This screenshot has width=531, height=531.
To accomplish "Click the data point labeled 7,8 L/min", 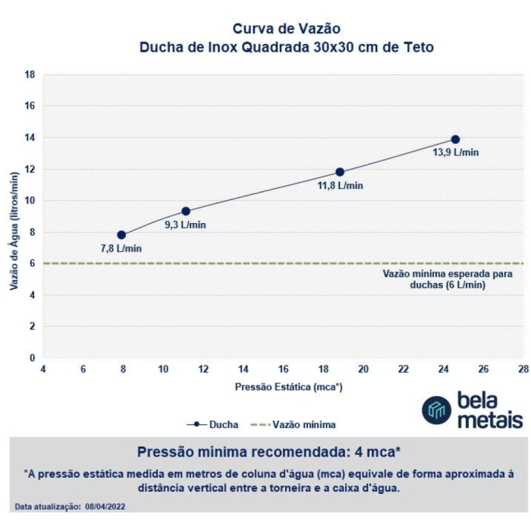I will tap(121, 235).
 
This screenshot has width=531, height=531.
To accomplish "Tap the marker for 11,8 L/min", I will tap(340, 172).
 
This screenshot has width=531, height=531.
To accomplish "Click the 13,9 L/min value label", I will tap(456, 152).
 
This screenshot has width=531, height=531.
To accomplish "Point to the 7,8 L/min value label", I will tap(121, 248).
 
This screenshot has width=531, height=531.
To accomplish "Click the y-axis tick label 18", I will tap(30, 75).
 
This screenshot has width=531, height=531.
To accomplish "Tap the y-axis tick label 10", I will tap(30, 201).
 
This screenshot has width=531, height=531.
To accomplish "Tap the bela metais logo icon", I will tap(436, 410).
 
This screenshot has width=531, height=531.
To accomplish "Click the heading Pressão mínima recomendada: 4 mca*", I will tap(269, 452).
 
